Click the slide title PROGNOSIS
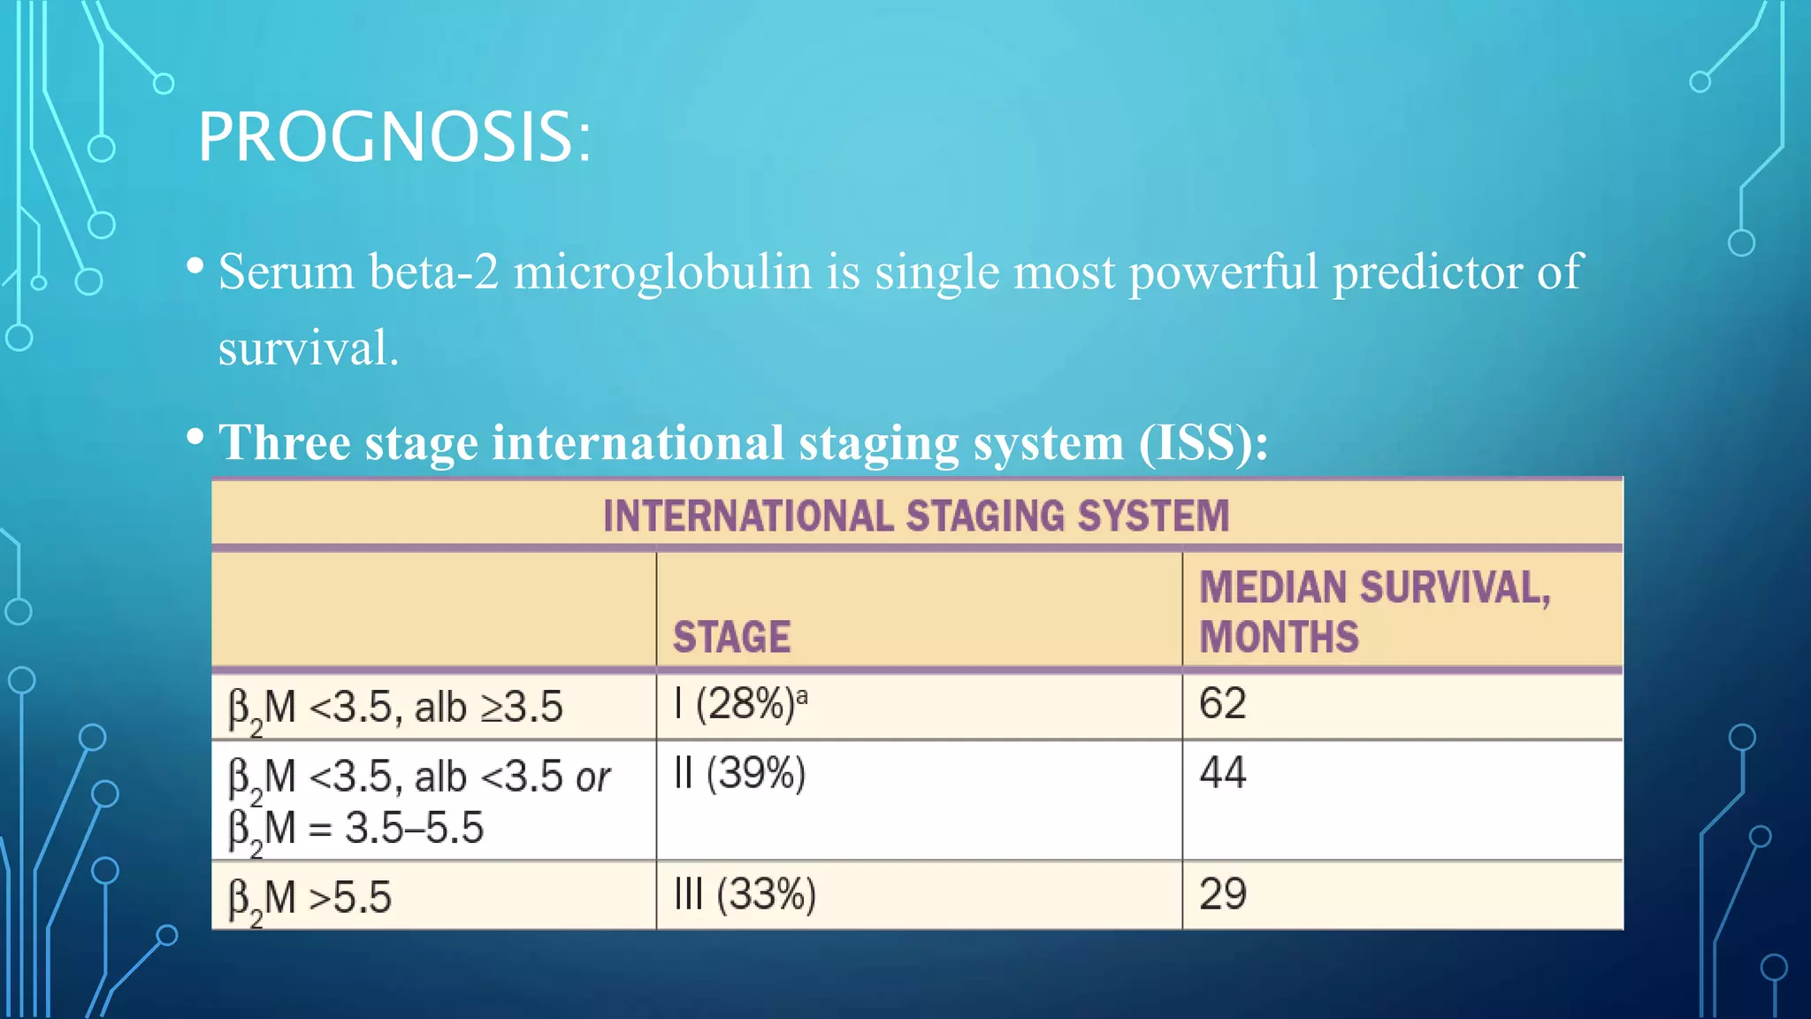(394, 138)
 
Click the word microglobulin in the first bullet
(662, 272)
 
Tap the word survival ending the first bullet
(308, 348)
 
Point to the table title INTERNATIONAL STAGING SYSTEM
(916, 516)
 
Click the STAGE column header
(731, 637)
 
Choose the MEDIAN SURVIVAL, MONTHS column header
(1374, 612)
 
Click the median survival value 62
(1222, 704)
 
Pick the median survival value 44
(1222, 773)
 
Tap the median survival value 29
(1222, 894)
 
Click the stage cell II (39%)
(739, 774)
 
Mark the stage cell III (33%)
(744, 895)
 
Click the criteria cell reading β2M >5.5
(309, 899)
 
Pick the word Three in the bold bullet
(284, 442)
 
